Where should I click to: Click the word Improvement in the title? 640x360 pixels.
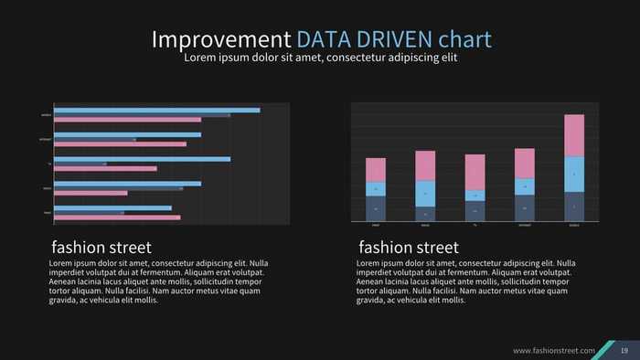[220, 39]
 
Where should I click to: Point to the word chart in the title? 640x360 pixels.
[464, 39]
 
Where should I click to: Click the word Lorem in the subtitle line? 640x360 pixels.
[200, 58]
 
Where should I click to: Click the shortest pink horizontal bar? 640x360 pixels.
[91, 193]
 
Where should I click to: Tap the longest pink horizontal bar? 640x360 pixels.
[128, 120]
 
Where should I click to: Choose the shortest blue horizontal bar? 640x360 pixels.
[113, 207]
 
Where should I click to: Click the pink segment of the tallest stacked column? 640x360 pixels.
[574, 135]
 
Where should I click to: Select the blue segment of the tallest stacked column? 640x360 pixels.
[574, 174]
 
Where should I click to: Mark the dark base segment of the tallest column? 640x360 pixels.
[574, 206]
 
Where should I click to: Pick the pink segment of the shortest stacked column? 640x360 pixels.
[475, 172]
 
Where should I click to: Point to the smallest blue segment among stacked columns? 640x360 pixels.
[475, 195]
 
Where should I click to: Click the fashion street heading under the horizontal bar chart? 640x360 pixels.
[101, 248]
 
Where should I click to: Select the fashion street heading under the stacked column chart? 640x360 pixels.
[409, 248]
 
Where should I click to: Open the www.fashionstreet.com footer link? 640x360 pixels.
[554, 351]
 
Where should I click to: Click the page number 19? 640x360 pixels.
[624, 351]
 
